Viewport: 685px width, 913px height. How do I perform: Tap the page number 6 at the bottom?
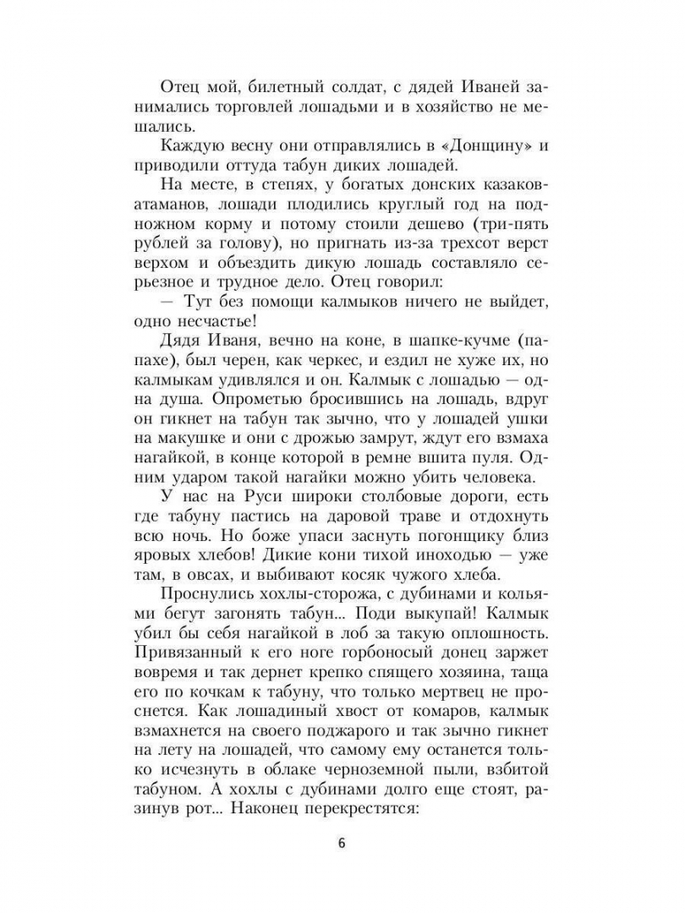pos(342,845)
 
